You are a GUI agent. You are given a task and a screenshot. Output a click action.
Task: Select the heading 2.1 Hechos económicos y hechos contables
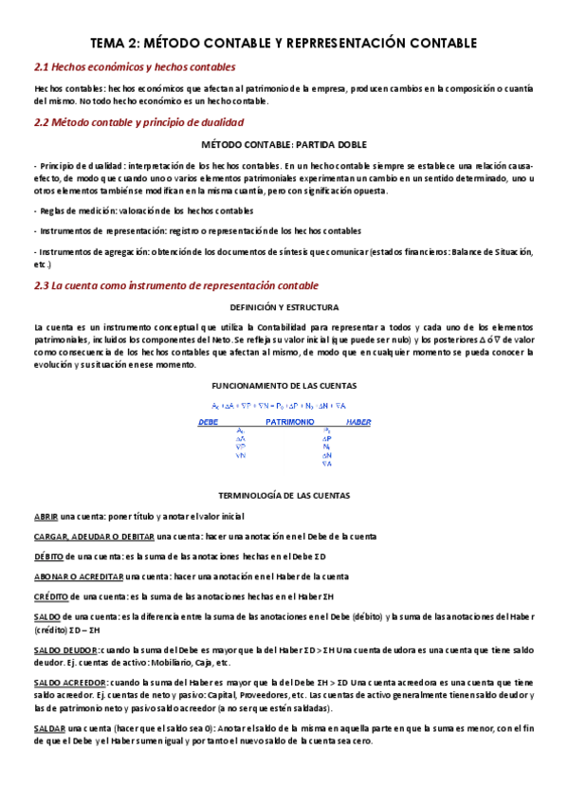click(x=135, y=67)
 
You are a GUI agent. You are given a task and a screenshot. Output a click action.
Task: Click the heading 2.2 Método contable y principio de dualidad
click(x=138, y=122)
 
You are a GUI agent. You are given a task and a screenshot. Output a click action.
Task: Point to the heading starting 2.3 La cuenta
click(x=175, y=285)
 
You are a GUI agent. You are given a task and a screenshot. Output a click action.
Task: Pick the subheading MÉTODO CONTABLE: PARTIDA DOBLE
click(x=284, y=145)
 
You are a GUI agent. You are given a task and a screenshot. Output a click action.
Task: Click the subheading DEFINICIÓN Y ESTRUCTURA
click(x=284, y=307)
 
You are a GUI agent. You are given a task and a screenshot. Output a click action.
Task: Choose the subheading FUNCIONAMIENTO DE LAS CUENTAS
click(x=284, y=386)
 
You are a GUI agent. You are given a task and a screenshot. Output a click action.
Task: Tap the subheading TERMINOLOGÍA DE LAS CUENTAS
click(x=284, y=496)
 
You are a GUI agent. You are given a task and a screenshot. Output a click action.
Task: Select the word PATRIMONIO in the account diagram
click(x=291, y=421)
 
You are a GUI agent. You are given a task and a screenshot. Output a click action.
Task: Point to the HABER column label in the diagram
click(x=357, y=421)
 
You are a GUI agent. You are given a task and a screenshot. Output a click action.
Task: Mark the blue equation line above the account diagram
click(x=284, y=405)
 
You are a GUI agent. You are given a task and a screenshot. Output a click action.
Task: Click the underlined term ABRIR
click(x=46, y=517)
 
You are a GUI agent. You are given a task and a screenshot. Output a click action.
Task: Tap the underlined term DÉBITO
click(x=48, y=557)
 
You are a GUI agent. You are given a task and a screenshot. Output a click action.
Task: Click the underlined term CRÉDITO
click(x=50, y=596)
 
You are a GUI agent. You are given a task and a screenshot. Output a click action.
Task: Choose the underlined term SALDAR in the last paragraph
click(x=47, y=728)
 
